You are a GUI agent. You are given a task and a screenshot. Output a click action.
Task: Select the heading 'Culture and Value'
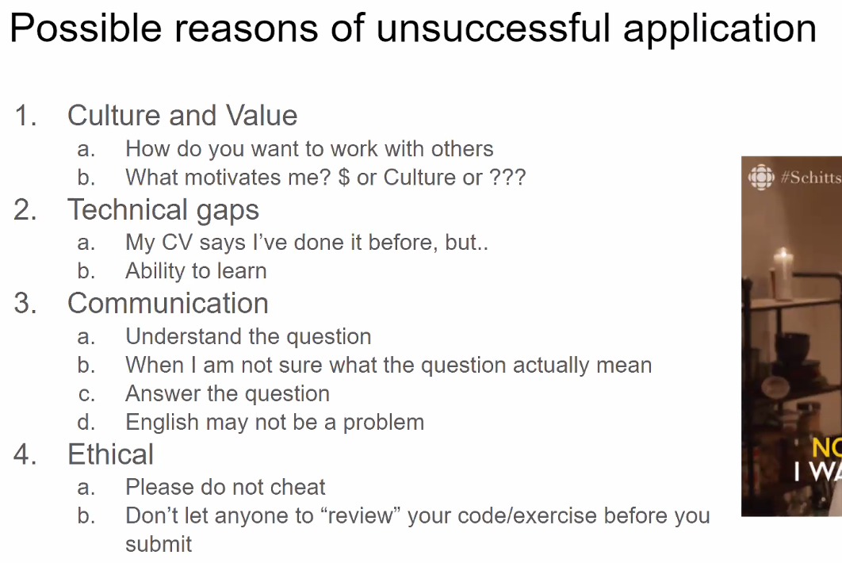coord(182,115)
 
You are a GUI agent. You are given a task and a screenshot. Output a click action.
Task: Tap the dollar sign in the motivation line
coord(344,178)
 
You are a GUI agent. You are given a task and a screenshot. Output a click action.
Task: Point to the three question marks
coord(507,178)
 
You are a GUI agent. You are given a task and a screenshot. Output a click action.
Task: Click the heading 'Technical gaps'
coord(163,210)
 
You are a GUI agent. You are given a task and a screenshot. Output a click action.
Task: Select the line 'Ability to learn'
coord(196,270)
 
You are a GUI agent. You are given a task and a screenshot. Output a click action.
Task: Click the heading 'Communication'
coord(167,303)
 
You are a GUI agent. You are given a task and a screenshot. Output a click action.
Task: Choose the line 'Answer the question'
coord(227,394)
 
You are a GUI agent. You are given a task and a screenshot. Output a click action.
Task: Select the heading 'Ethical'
coord(110,454)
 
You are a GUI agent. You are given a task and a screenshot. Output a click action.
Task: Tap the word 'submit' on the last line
coord(159,544)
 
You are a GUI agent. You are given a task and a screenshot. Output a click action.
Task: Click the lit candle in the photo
coord(783,274)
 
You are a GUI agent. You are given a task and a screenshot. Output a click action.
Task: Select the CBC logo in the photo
coord(761,177)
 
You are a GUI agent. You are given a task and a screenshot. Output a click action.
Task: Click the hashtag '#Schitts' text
coord(811,177)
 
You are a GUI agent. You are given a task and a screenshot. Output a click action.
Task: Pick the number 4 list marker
coord(25,454)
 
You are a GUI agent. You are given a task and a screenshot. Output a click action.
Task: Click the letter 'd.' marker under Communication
coord(86,422)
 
